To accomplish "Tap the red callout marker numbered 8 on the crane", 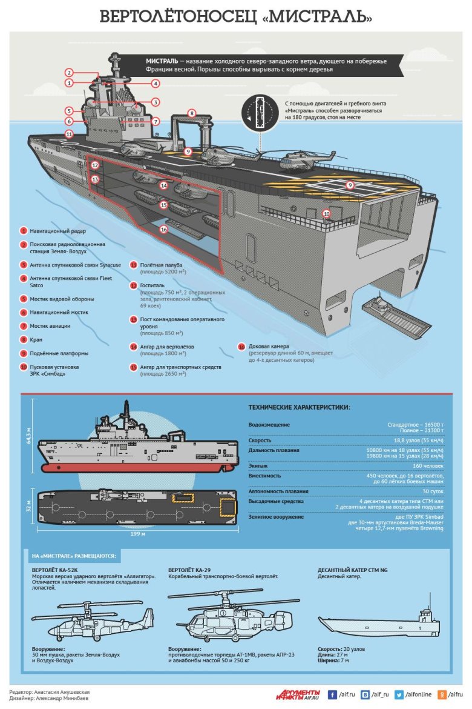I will point(191,113).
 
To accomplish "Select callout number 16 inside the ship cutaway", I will point(163,230).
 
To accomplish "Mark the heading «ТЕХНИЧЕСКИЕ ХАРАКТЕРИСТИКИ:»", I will point(299,407).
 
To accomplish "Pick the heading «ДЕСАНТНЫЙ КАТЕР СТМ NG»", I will point(352,570).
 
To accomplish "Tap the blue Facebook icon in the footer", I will point(332,694).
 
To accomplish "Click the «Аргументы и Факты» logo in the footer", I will point(300,694).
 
